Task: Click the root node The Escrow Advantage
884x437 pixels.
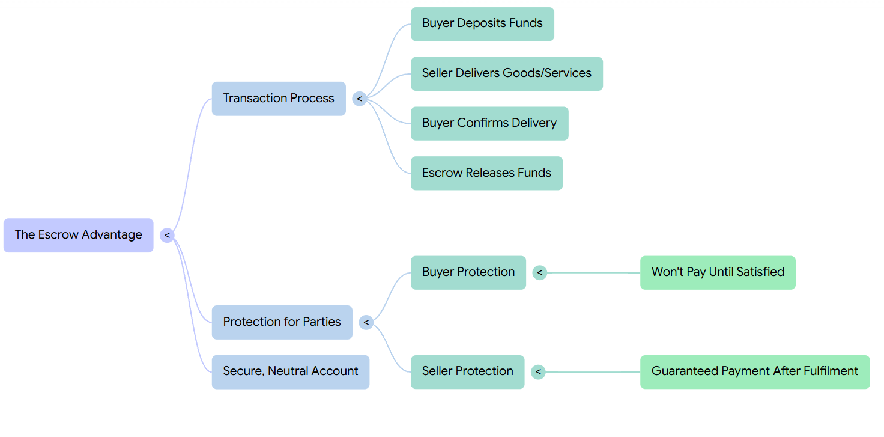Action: click(x=78, y=235)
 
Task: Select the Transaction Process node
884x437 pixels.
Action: click(x=279, y=99)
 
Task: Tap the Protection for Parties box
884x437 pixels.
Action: click(x=282, y=322)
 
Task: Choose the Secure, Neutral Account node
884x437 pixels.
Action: click(x=290, y=371)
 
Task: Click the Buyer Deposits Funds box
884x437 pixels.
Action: click(x=482, y=24)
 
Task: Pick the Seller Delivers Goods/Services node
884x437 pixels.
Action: click(x=506, y=73)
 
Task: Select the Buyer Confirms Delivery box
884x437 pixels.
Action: click(x=489, y=123)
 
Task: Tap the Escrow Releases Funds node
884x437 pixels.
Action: click(x=486, y=173)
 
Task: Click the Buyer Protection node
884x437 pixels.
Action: click(x=468, y=272)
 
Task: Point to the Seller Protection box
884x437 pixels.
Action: click(x=467, y=371)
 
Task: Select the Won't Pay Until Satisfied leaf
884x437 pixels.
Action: click(x=717, y=272)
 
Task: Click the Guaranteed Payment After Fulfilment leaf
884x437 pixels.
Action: click(x=754, y=371)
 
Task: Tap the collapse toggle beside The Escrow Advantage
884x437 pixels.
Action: click(x=167, y=235)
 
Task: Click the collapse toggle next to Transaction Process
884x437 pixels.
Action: click(x=359, y=99)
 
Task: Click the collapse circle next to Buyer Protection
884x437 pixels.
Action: click(x=539, y=273)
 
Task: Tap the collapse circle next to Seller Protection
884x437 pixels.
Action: click(x=538, y=372)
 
